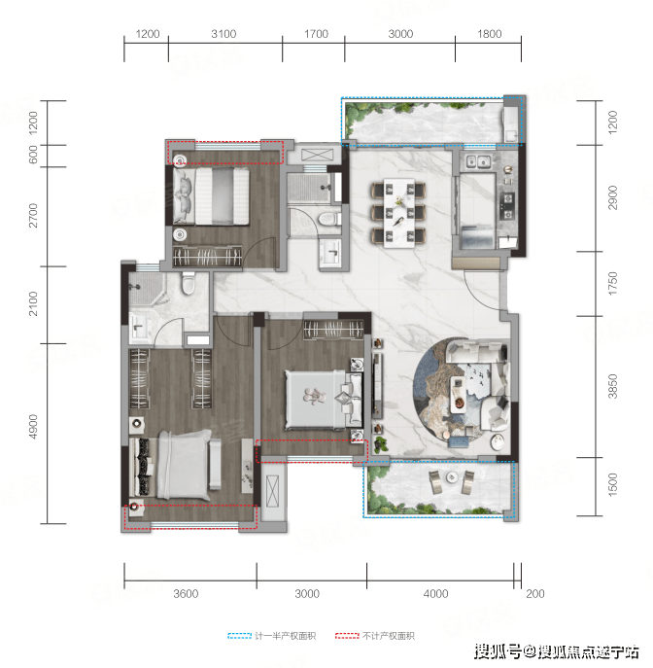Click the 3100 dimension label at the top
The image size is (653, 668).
[x=223, y=34]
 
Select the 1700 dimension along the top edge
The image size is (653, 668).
[x=316, y=34]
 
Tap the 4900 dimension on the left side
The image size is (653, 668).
[x=33, y=427]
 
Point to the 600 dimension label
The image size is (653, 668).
[x=33, y=155]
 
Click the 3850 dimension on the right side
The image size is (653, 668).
[x=612, y=386]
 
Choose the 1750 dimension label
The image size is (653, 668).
[x=612, y=283]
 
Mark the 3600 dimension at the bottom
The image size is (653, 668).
[x=186, y=593]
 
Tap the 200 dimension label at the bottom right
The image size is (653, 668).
[x=535, y=593]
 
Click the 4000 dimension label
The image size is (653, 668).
[x=435, y=593]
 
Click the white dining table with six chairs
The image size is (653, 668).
[x=398, y=213]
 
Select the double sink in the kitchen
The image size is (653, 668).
[x=478, y=161]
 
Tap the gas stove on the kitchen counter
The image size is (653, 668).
[x=506, y=206]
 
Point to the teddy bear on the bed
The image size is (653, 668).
[x=315, y=396]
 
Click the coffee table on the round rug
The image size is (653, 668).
[x=458, y=394]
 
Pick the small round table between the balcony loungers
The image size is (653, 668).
[x=451, y=477]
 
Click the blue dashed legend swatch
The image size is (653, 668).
[x=240, y=636]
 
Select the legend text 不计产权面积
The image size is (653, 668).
[x=389, y=636]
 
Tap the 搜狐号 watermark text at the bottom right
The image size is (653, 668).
[x=498, y=651]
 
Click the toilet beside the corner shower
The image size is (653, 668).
[x=188, y=283]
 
